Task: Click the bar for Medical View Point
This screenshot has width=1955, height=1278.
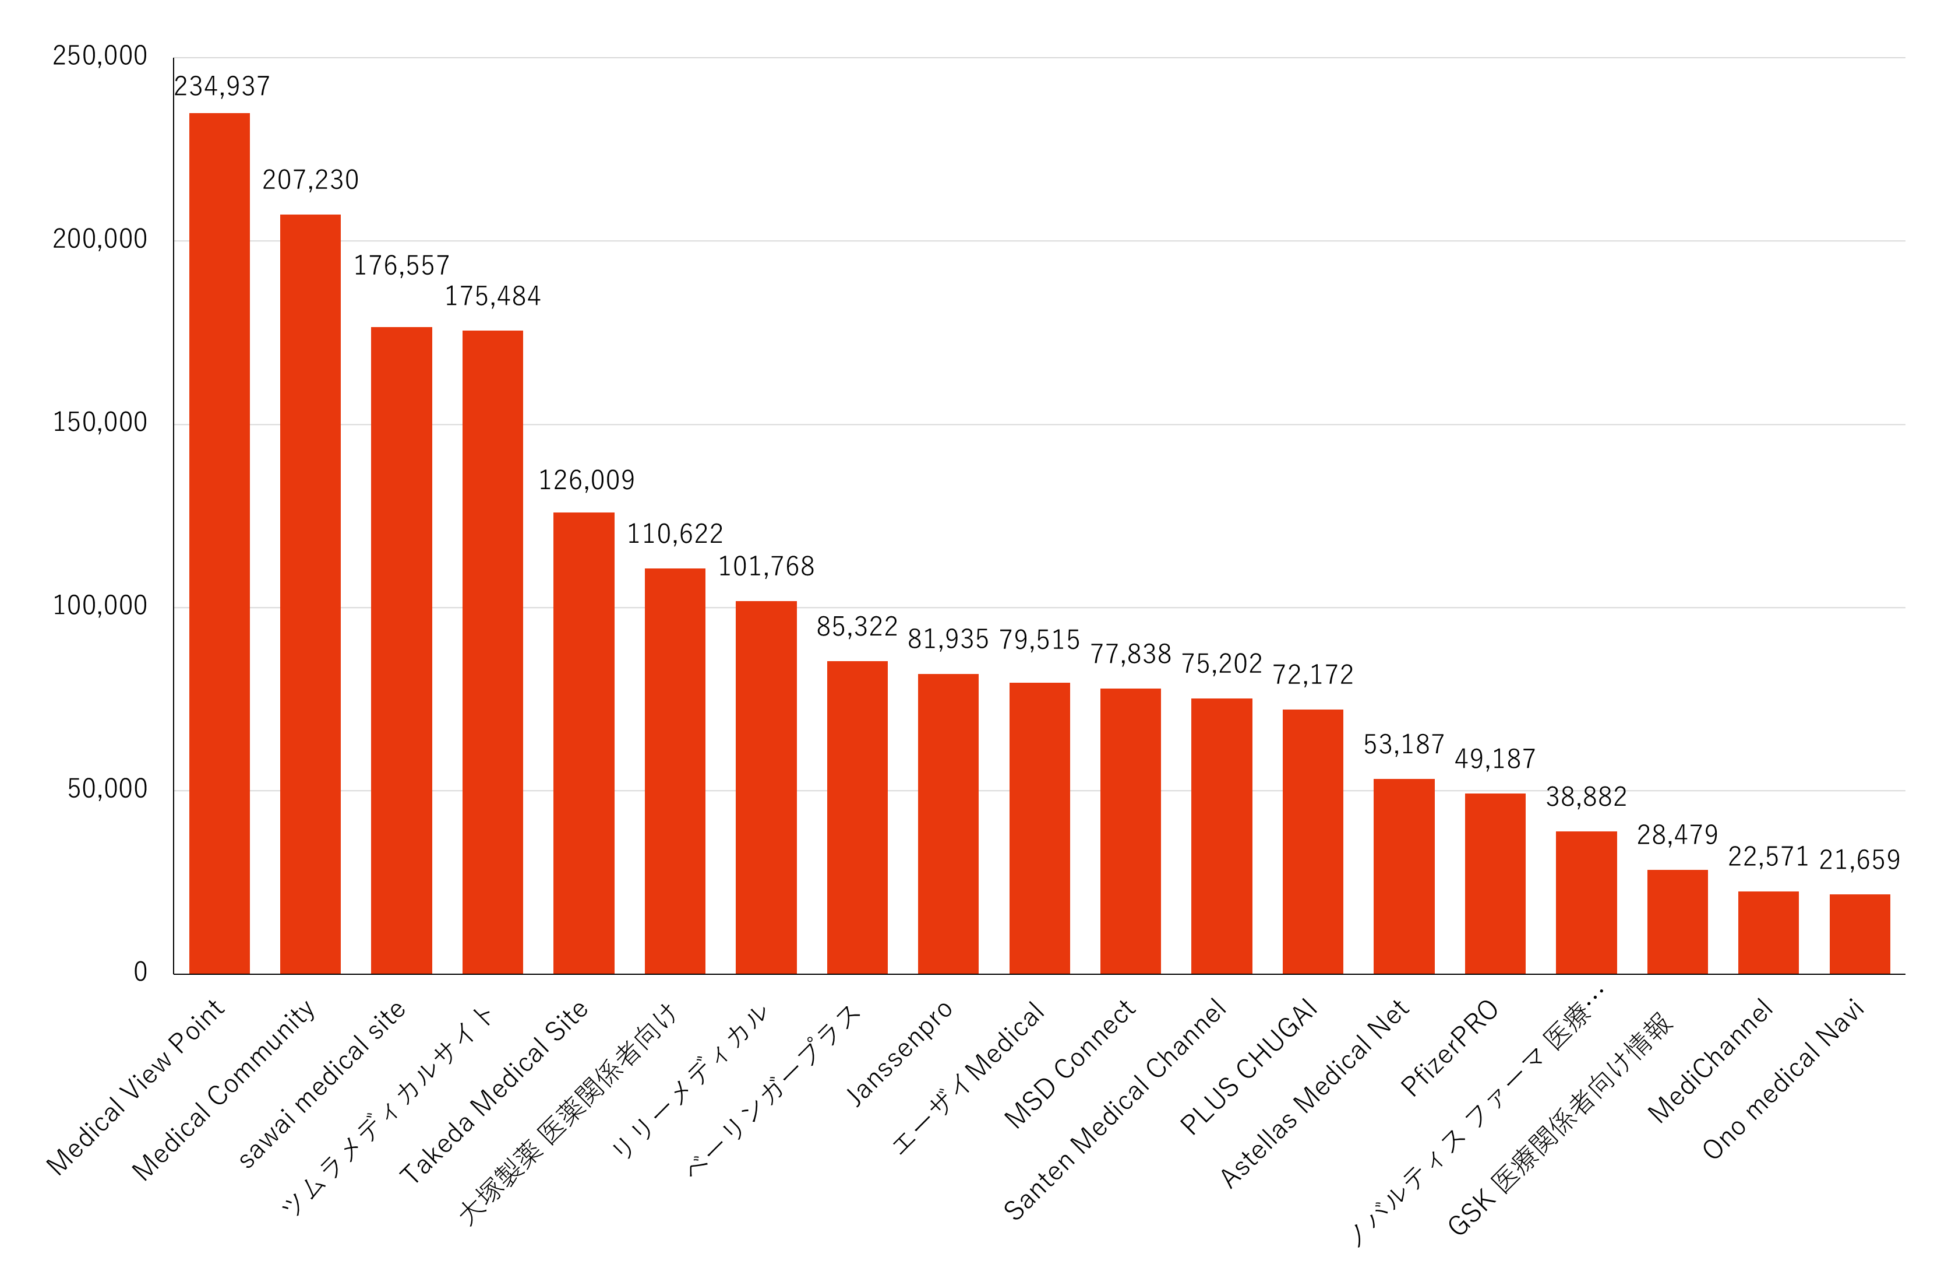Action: (x=219, y=542)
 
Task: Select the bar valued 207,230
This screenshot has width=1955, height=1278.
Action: (x=310, y=594)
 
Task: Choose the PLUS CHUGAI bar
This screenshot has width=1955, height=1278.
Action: (x=1312, y=841)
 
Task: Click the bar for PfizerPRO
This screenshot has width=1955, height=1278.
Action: (x=1495, y=883)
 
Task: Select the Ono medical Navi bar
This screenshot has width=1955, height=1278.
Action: (x=1859, y=933)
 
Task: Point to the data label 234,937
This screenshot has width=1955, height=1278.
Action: (x=222, y=86)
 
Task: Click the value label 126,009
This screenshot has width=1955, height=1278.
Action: (x=587, y=480)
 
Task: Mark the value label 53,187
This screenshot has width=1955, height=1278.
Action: (x=1404, y=745)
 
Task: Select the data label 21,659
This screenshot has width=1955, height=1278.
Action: (x=1859, y=859)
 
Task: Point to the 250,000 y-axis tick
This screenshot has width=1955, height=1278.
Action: (x=100, y=56)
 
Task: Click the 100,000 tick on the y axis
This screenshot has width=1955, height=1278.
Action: (x=100, y=606)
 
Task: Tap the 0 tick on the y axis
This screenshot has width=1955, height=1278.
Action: (x=140, y=972)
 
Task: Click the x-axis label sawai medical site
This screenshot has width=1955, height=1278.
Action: (x=322, y=1083)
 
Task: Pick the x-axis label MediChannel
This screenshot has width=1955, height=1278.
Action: (x=1710, y=1060)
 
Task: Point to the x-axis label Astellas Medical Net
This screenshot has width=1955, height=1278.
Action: (x=1314, y=1093)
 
